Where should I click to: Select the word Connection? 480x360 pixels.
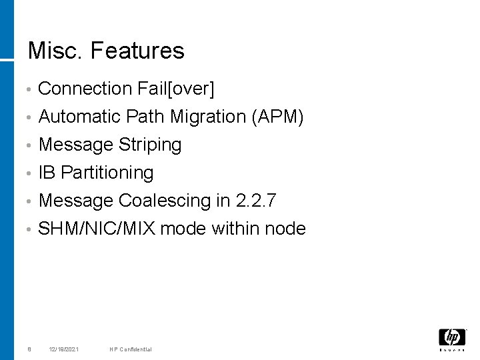(x=85, y=88)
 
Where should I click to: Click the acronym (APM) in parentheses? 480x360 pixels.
(x=278, y=117)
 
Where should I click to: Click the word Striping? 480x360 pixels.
(x=150, y=145)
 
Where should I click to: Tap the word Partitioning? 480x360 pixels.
(x=107, y=173)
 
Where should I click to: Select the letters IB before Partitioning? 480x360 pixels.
(x=47, y=173)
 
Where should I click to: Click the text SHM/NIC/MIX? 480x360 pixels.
(x=97, y=229)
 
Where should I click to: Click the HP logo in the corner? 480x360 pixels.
(x=452, y=339)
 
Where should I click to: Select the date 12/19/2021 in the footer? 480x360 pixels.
(x=64, y=349)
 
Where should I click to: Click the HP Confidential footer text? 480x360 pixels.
(x=131, y=349)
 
